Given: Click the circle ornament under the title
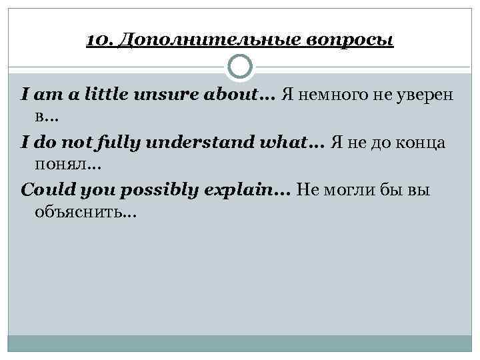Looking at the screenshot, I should [x=240, y=67].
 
